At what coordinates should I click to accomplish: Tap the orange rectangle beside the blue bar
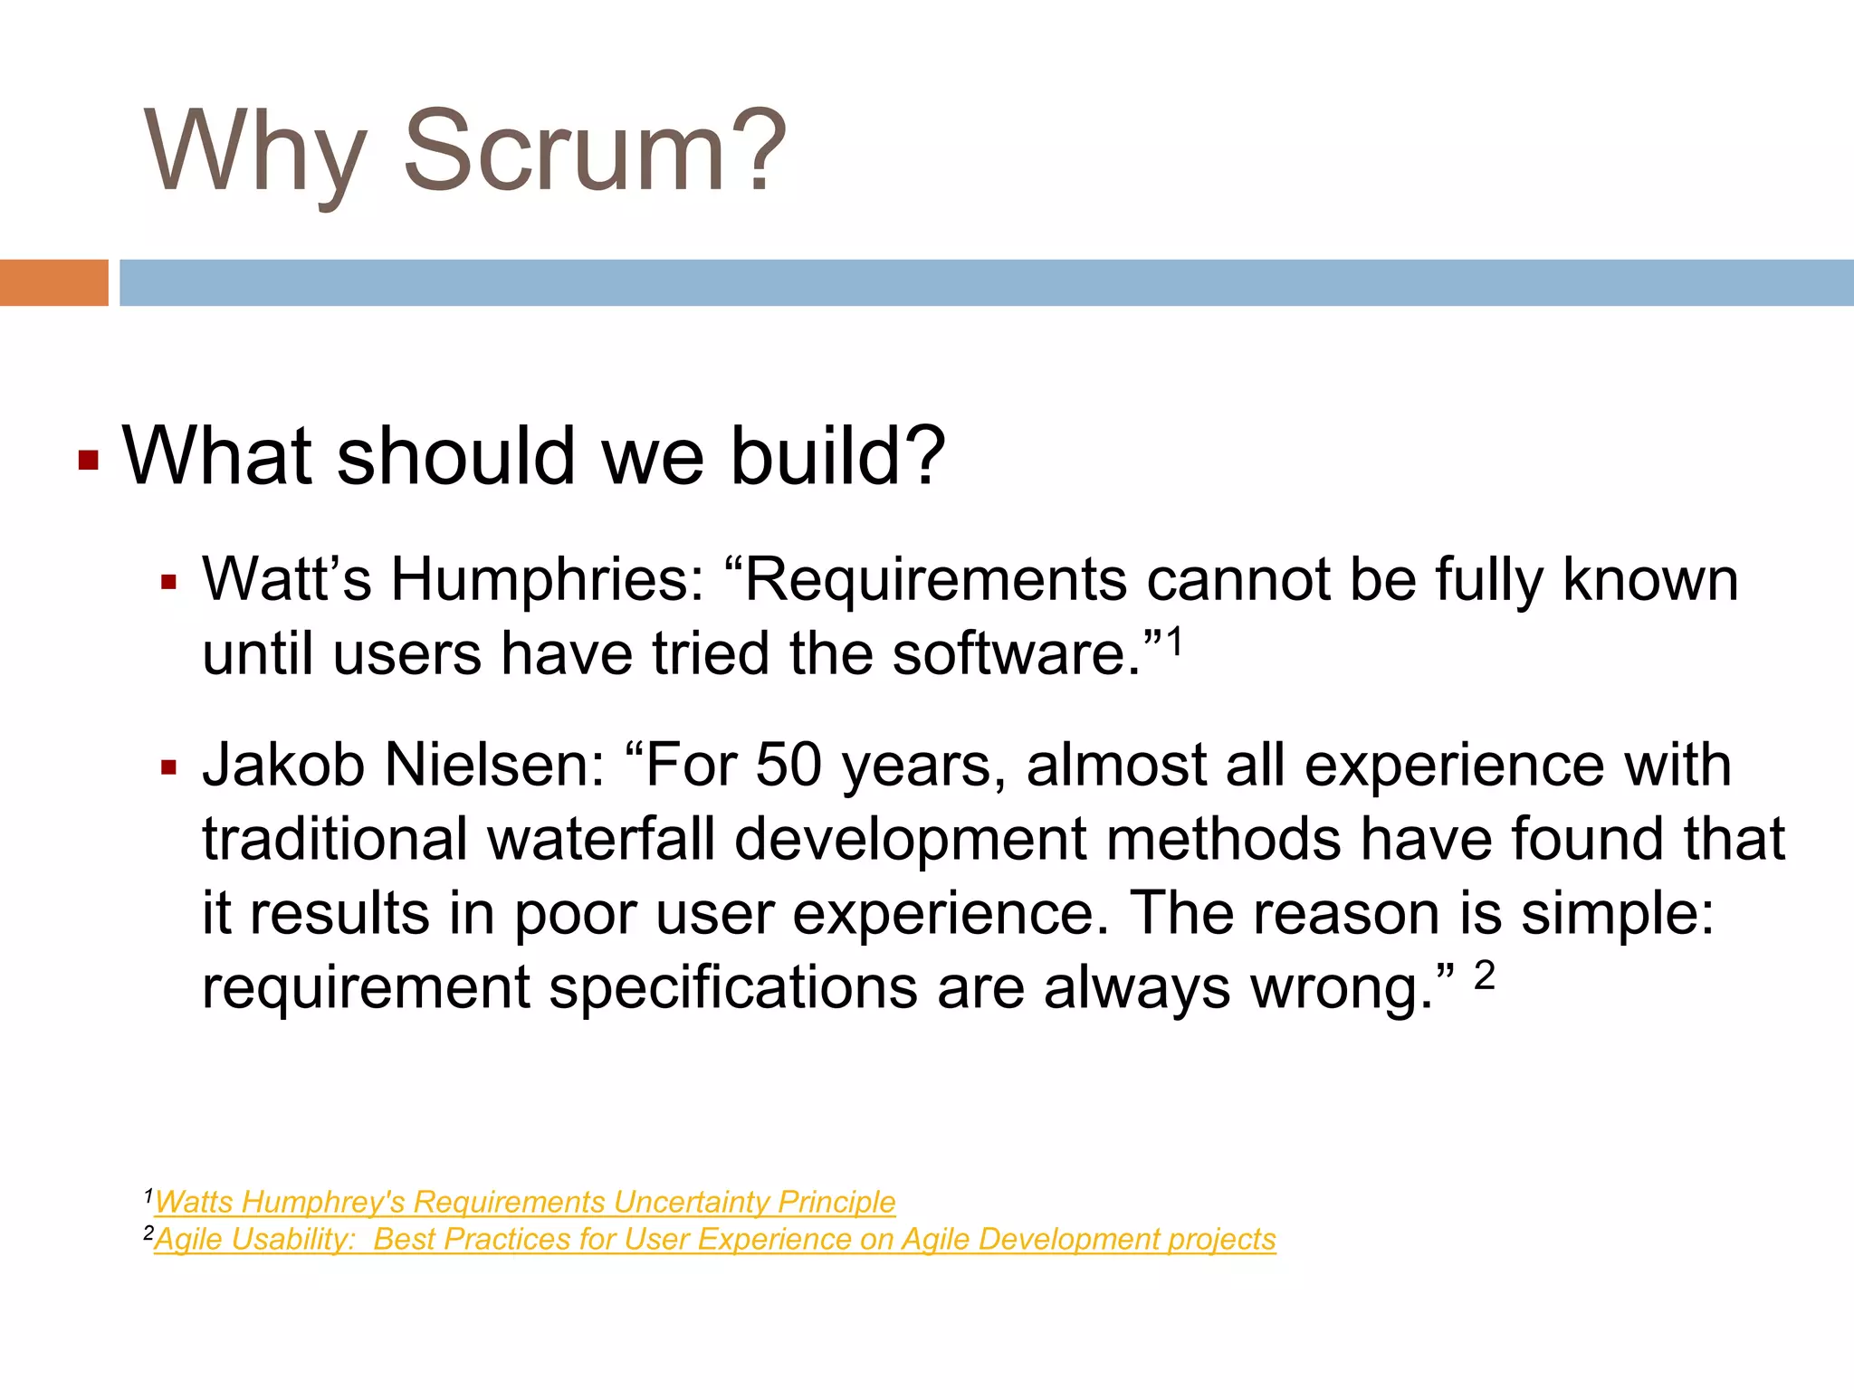(53, 282)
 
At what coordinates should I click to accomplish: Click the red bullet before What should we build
(88, 461)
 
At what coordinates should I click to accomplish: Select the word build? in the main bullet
(837, 455)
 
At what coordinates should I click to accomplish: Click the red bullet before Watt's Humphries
(168, 582)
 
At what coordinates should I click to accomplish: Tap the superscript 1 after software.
(1174, 643)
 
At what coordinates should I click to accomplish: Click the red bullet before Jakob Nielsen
(168, 768)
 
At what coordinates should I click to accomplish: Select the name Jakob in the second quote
(282, 766)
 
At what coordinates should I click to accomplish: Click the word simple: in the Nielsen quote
(1617, 913)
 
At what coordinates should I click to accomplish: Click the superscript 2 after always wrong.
(1485, 976)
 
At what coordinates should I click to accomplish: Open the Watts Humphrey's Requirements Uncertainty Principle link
(525, 1202)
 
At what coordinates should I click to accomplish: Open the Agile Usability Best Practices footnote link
(715, 1239)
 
